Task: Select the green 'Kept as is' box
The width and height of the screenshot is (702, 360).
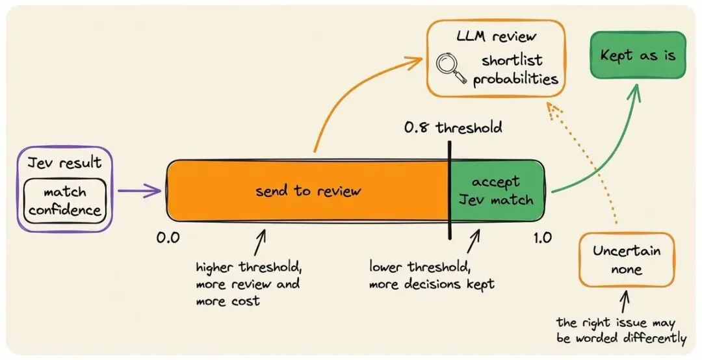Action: [638, 55]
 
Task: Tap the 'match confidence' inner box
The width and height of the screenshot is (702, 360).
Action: [66, 201]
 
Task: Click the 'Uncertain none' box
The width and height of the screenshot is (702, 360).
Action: [627, 260]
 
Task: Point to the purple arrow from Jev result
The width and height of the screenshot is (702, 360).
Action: [139, 191]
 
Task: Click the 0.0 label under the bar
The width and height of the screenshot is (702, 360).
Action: [168, 237]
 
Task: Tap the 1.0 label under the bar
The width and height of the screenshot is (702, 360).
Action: [542, 238]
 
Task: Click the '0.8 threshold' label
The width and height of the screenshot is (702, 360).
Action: [453, 127]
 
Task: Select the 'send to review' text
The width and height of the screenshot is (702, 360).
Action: [308, 191]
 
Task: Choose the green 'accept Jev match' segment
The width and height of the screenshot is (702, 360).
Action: [497, 191]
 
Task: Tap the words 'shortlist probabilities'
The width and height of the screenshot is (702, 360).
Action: [515, 70]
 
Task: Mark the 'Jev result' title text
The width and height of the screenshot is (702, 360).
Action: [64, 162]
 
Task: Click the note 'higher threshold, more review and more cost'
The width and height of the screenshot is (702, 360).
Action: [249, 284]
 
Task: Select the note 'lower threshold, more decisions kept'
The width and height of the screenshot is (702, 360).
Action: [432, 276]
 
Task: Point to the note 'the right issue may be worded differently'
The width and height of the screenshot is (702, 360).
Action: [621, 331]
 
